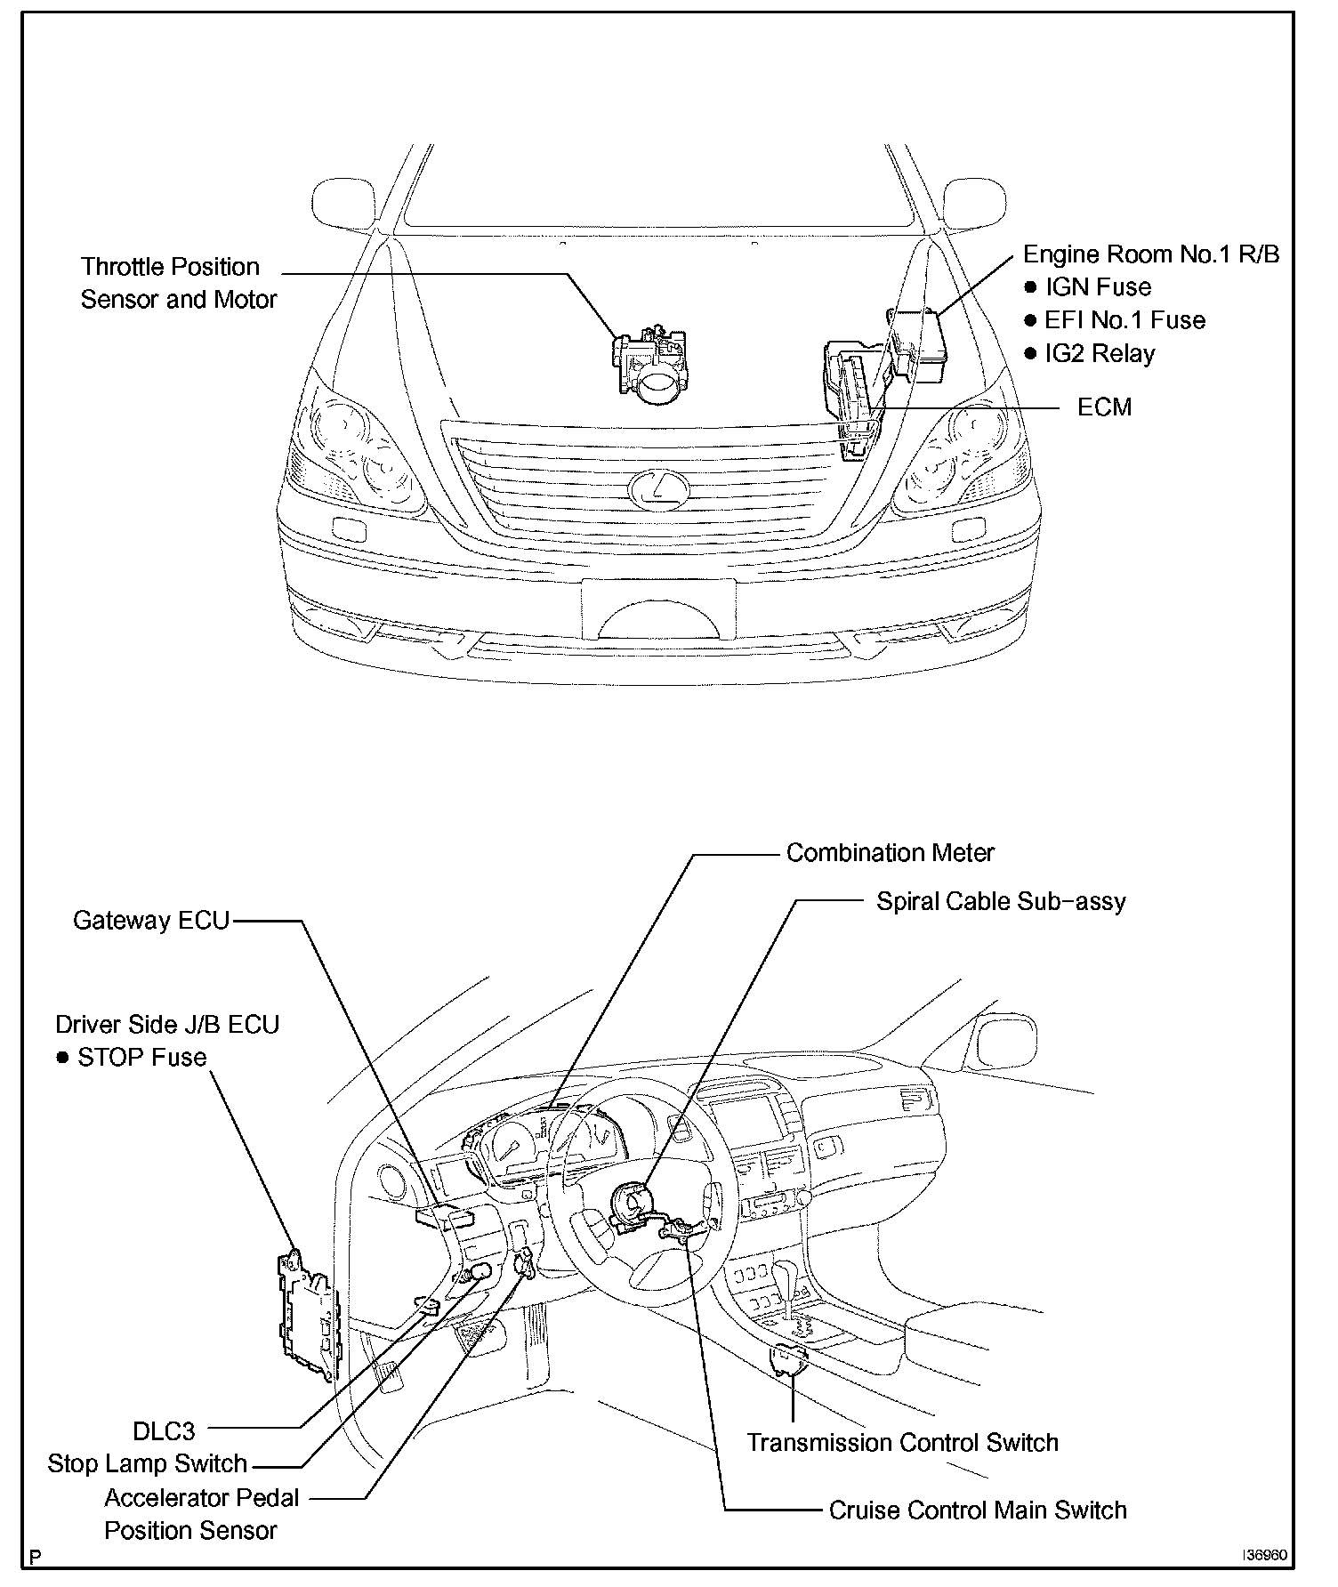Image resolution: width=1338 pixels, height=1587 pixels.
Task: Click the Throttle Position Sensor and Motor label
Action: [x=178, y=283]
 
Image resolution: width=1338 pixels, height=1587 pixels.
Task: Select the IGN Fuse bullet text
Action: [x=1098, y=287]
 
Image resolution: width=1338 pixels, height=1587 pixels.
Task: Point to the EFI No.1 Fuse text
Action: [x=1124, y=320]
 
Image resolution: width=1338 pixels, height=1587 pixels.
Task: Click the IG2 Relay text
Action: [x=1100, y=353]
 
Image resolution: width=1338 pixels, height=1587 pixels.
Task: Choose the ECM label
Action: [x=1104, y=407]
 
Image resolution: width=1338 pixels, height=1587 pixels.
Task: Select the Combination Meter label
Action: [x=890, y=853]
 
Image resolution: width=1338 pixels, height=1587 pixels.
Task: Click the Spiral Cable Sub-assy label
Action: [x=1001, y=901]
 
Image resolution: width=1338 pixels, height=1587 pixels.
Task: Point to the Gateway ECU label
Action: [x=151, y=920]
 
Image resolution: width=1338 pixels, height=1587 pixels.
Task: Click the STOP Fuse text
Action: [x=141, y=1058]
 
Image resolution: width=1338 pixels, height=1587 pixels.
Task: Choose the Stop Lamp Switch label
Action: [x=147, y=1464]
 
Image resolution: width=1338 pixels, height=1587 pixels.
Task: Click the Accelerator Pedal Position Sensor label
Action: [x=201, y=1514]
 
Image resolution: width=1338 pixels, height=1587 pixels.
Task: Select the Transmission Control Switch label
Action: [x=902, y=1442]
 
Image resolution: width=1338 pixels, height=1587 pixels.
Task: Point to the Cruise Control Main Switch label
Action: [x=977, y=1510]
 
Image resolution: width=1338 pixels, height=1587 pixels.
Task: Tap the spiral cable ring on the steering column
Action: [x=633, y=1205]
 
